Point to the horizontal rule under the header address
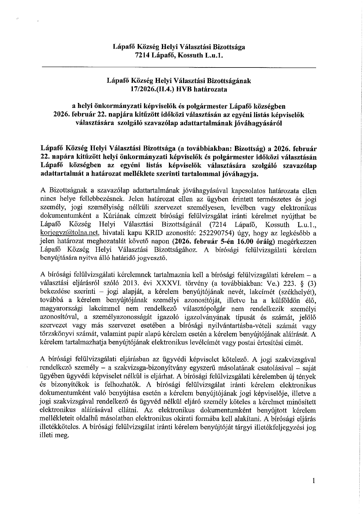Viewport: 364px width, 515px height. click(179, 68)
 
